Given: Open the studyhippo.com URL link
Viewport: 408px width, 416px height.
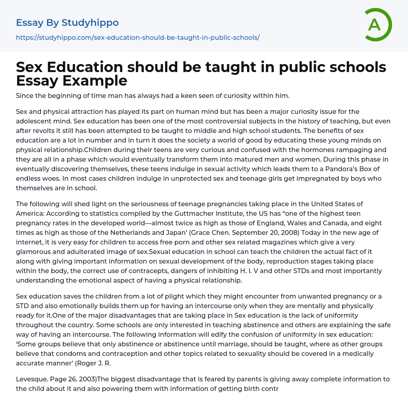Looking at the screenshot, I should [137, 37].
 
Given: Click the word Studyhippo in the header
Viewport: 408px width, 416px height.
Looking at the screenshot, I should [90, 23].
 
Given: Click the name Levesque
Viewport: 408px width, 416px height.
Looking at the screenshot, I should [31, 379].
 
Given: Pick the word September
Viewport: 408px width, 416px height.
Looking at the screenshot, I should [223, 232].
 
